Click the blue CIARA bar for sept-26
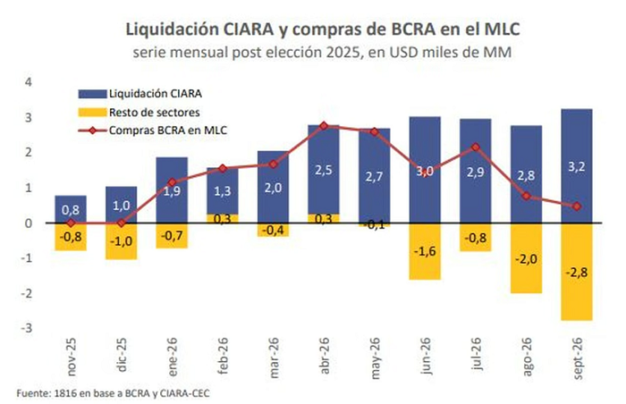click(x=577, y=165)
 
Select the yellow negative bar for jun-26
click(x=425, y=251)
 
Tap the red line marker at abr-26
click(x=324, y=126)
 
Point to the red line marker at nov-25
click(x=71, y=223)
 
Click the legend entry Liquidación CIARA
click(x=140, y=94)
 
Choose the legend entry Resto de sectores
click(x=140, y=113)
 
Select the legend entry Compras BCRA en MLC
click(x=153, y=130)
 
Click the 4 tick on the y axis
click(x=29, y=82)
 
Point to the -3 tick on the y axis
click(x=26, y=328)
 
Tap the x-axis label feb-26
click(x=223, y=356)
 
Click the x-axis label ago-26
click(x=526, y=357)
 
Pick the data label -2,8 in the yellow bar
click(x=577, y=273)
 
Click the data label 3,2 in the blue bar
click(x=577, y=166)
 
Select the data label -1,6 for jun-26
click(x=425, y=251)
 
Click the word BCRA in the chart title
click(x=413, y=29)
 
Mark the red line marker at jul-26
click(x=476, y=147)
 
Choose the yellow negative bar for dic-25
click(x=122, y=241)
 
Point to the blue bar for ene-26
click(x=172, y=190)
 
